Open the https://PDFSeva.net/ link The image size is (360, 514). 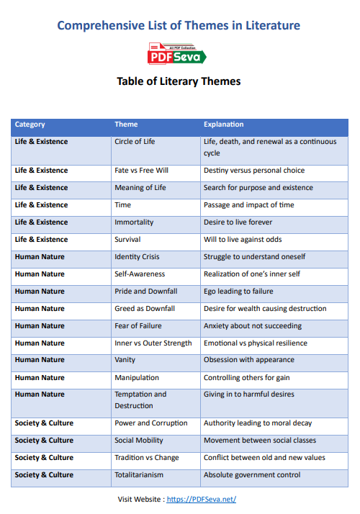(x=202, y=499)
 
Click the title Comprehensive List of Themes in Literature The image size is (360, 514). (x=179, y=26)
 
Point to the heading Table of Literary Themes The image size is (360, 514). (x=179, y=81)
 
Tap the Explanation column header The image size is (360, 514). (x=223, y=125)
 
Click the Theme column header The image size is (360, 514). (x=126, y=125)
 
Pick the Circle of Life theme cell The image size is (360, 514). (x=135, y=142)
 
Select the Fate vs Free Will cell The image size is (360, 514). (x=141, y=171)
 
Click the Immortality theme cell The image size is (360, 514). (x=134, y=222)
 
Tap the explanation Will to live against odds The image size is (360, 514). (x=243, y=240)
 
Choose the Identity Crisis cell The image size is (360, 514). (x=137, y=257)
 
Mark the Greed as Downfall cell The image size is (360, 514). (x=145, y=309)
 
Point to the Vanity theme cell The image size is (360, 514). (x=125, y=360)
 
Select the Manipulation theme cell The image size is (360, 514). (x=137, y=377)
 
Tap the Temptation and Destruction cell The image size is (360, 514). (x=140, y=400)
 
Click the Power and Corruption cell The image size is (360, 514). (x=150, y=423)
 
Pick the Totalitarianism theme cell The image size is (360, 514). (x=139, y=475)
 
